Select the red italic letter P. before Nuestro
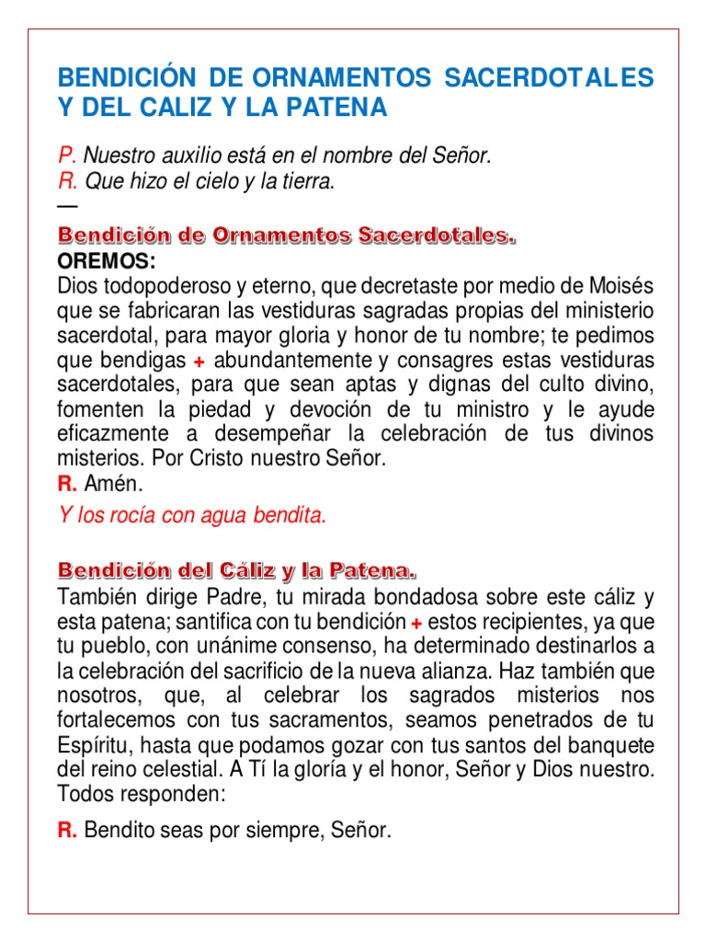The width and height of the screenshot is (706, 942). pyautogui.click(x=66, y=156)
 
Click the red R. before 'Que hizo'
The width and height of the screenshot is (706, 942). pyautogui.click(x=66, y=182)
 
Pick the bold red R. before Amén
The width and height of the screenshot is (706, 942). pyautogui.click(x=66, y=484)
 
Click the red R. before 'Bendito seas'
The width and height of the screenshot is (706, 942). pyautogui.click(x=66, y=832)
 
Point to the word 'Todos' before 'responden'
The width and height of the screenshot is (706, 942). pyautogui.click(x=83, y=793)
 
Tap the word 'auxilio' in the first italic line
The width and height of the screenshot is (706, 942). pyautogui.click(x=182, y=156)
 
